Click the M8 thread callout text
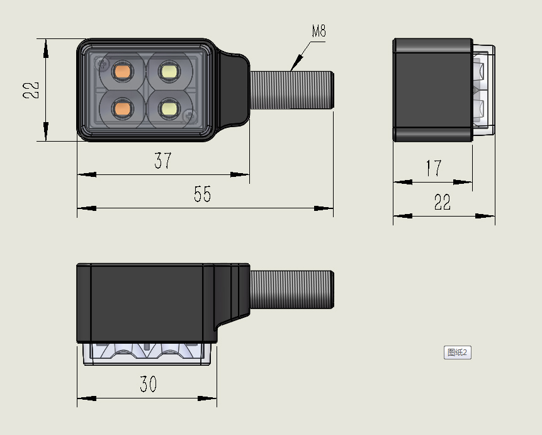(319, 31)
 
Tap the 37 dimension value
(163, 161)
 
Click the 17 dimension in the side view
(433, 168)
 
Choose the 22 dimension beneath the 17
(443, 202)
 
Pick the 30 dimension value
(148, 384)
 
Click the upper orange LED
(121, 70)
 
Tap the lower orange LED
(121, 109)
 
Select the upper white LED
(169, 70)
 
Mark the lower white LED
(169, 109)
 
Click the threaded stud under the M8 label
(291, 89)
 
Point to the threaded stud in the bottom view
(291, 290)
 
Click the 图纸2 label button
(458, 353)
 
